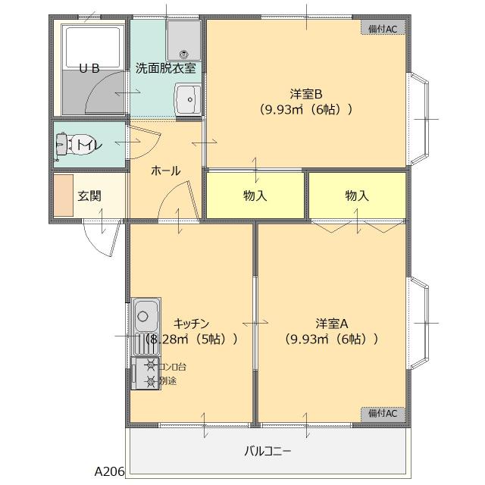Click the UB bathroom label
(90, 67)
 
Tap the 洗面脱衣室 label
(165, 67)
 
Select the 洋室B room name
(306, 94)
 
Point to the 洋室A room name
(331, 323)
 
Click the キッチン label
(190, 323)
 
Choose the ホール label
(165, 171)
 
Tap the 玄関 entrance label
(89, 196)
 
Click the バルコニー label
(268, 451)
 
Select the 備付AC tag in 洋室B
(383, 28)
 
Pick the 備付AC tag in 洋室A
(383, 413)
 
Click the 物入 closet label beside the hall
(255, 196)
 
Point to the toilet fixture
(72, 144)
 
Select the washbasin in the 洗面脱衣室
(186, 99)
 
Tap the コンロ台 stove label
(172, 367)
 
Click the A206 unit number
(109, 471)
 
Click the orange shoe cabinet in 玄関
(63, 196)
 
